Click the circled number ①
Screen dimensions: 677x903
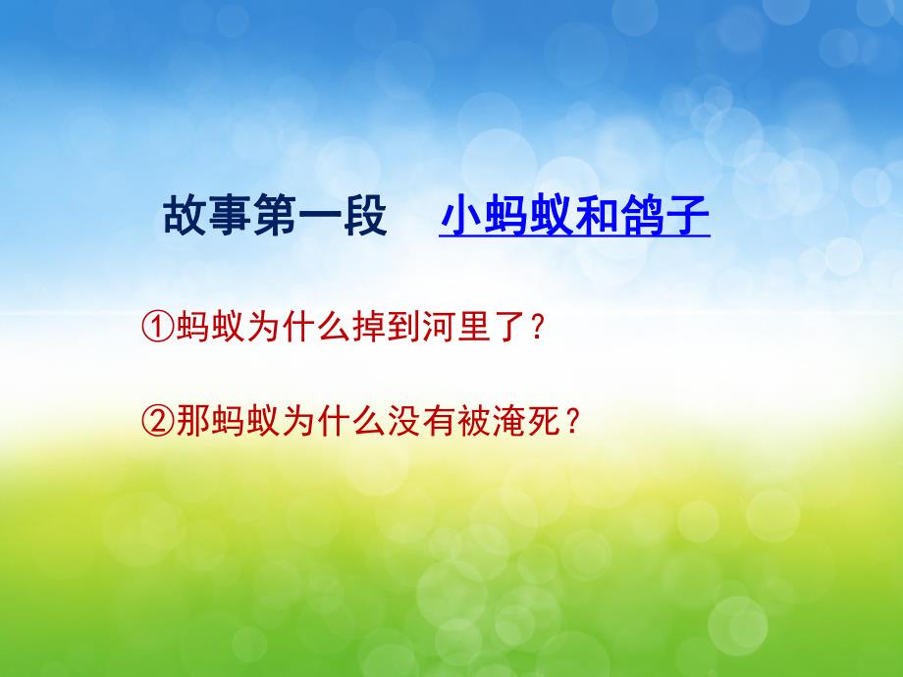160,329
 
